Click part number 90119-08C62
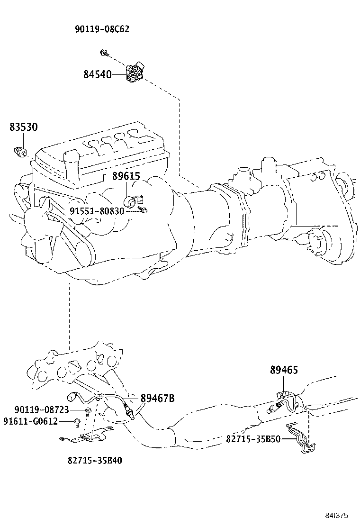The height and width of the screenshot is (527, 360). (x=102, y=29)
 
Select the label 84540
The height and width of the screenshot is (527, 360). (x=98, y=74)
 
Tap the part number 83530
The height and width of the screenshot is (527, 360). (x=24, y=127)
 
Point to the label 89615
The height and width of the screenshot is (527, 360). (x=126, y=176)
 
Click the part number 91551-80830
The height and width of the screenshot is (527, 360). (x=97, y=211)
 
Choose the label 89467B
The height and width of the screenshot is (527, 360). (x=157, y=398)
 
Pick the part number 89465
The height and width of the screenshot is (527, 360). (x=284, y=370)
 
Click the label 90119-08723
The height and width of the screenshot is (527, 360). (x=42, y=409)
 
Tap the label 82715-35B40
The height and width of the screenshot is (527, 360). (x=95, y=460)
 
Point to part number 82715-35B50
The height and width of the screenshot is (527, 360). (x=253, y=439)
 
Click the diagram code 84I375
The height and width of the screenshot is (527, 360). (x=336, y=515)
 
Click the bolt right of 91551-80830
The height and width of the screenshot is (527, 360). (x=144, y=211)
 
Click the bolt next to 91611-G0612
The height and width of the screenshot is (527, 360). (x=77, y=422)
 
